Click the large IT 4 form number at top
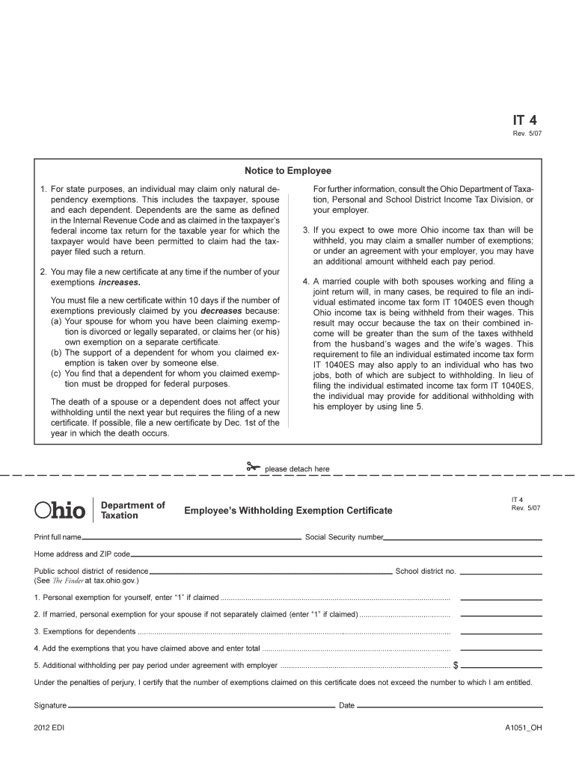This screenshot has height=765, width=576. (x=524, y=120)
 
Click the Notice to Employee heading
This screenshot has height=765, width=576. (x=288, y=171)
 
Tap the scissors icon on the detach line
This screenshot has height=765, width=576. (x=252, y=468)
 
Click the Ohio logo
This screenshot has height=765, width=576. (x=61, y=511)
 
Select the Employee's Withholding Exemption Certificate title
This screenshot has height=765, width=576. (x=288, y=510)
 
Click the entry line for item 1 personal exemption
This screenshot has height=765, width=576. (x=500, y=598)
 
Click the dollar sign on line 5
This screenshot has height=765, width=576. (x=456, y=665)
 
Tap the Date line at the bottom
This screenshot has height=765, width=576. (x=449, y=705)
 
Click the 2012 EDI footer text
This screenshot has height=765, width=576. (x=49, y=728)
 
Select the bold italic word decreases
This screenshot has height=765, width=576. (x=221, y=311)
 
